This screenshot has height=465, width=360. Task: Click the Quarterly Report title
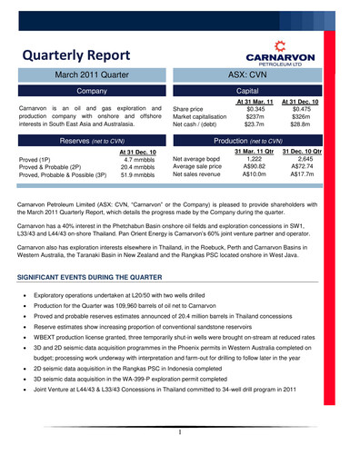[75, 56]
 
